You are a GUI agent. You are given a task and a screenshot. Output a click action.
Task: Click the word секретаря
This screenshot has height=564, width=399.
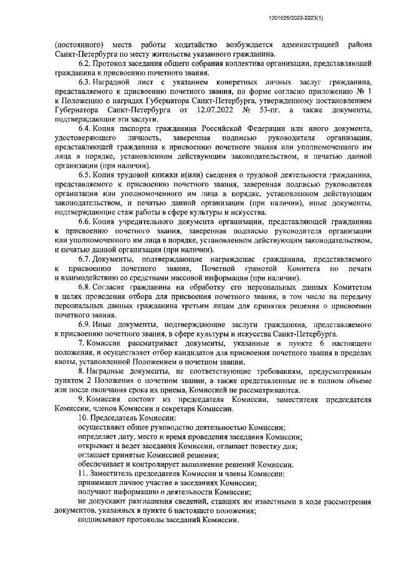pos(172,409)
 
